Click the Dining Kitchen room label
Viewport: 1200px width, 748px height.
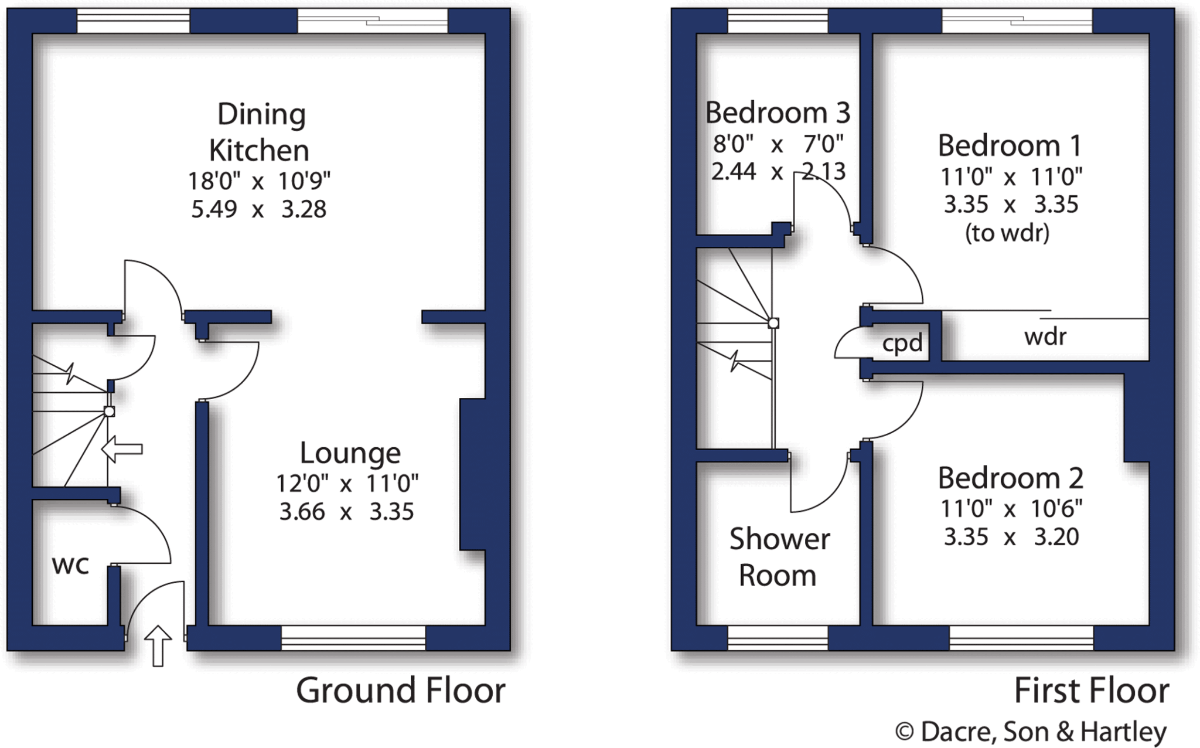click(x=259, y=132)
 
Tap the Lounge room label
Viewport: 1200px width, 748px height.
click(x=350, y=453)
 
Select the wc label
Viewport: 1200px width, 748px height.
click(x=70, y=565)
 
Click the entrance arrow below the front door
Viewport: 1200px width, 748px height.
click(x=158, y=645)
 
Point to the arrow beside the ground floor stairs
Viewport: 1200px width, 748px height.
click(x=122, y=449)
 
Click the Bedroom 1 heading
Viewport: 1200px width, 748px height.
click(x=1009, y=146)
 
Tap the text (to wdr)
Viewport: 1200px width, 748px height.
click(x=1007, y=233)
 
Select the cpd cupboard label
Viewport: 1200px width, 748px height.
click(x=902, y=343)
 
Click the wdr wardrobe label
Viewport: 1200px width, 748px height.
click(x=1045, y=336)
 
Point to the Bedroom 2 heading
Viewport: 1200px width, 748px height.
click(x=1010, y=478)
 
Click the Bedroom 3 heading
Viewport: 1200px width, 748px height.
click(x=778, y=113)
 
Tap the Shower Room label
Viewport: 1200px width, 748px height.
click(x=779, y=557)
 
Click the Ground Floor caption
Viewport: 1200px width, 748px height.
click(x=400, y=691)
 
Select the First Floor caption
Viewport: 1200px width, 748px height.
click(x=1091, y=691)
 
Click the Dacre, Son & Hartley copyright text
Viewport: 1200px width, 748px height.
click(x=1031, y=732)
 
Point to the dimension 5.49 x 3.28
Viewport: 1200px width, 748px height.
click(x=258, y=209)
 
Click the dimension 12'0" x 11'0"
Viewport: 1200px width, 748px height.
click(x=347, y=484)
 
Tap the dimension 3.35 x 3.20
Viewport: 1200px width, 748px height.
click(x=1011, y=537)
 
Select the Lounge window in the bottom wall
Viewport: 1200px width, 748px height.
click(x=353, y=638)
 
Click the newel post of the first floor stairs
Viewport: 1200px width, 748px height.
click(x=773, y=323)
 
